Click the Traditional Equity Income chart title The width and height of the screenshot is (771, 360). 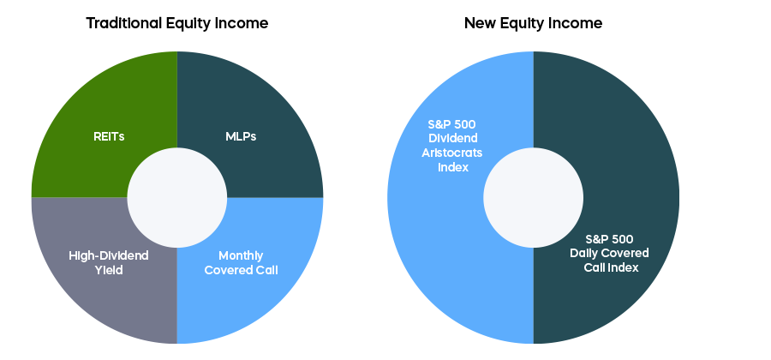click(177, 23)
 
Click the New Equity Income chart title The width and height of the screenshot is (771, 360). click(533, 23)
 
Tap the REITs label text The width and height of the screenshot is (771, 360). click(109, 137)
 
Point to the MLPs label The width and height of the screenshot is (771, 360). click(241, 137)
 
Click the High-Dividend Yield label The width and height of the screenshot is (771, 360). click(109, 262)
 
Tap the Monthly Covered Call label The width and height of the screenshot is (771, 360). click(241, 262)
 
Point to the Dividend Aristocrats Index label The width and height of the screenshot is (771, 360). click(451, 146)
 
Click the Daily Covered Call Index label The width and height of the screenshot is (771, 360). click(610, 253)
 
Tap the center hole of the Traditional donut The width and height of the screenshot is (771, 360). click(177, 198)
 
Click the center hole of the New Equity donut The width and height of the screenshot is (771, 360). click(534, 198)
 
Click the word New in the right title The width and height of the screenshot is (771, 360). click(481, 23)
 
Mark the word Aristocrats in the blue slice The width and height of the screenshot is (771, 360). click(451, 153)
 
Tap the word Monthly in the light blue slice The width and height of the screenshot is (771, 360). click(241, 256)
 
